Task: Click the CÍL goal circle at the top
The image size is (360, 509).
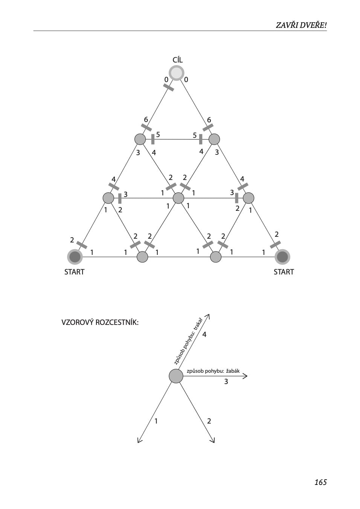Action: [176, 73]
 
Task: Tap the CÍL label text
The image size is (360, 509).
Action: [177, 60]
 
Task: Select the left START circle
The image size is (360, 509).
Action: [75, 257]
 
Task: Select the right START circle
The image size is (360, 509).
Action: [282, 257]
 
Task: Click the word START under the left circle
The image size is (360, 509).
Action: [74, 272]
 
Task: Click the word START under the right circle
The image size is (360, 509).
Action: [284, 272]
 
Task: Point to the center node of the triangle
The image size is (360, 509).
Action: [178, 198]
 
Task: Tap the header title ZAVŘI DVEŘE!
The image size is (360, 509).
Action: [301, 25]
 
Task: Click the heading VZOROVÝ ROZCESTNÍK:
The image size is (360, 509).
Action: [100, 322]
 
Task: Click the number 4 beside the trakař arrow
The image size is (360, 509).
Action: [204, 334]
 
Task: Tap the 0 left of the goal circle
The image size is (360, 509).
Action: [166, 79]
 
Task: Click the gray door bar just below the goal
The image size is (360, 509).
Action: [169, 87]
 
